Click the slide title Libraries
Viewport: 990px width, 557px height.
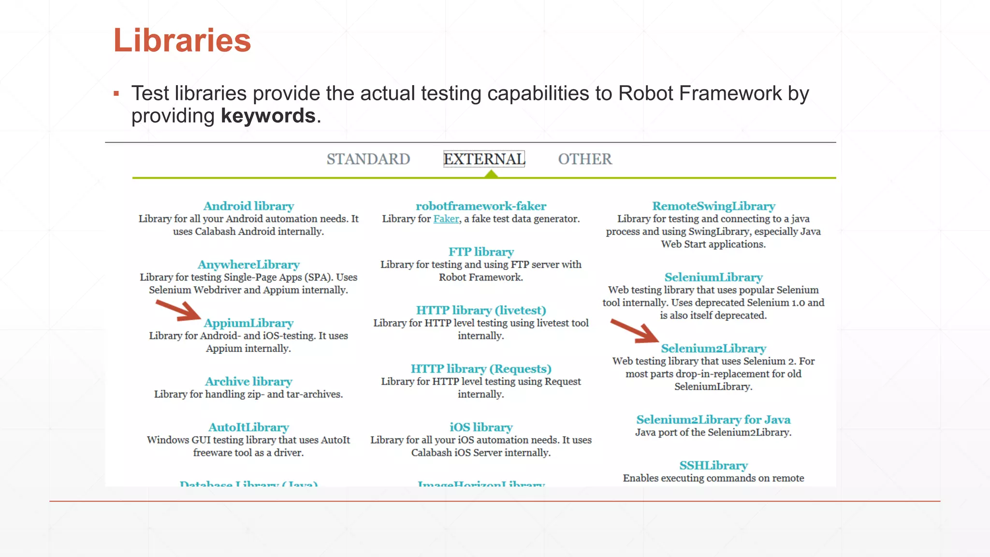(x=182, y=40)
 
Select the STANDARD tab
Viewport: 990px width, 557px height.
(x=368, y=159)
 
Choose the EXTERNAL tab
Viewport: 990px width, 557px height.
(x=484, y=159)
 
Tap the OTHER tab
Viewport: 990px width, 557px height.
(x=585, y=159)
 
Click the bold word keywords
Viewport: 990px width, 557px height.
(x=268, y=116)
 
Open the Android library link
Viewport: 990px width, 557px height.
(x=248, y=206)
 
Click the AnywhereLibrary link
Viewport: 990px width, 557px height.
(x=248, y=265)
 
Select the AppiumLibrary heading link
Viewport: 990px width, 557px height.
(x=248, y=323)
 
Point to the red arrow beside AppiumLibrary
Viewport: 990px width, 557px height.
(x=178, y=311)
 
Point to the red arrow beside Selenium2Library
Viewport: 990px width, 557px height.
(x=634, y=332)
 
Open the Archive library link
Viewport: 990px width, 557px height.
(x=248, y=382)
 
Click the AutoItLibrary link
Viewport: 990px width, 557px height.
(x=248, y=427)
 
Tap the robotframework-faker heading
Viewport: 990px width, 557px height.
(x=481, y=206)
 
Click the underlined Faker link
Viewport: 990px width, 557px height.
(x=446, y=219)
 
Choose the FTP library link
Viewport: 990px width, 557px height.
(x=481, y=252)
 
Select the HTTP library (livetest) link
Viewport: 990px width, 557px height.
(x=481, y=310)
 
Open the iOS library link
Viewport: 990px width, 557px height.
(x=481, y=427)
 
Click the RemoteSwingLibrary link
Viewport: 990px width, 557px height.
(x=713, y=206)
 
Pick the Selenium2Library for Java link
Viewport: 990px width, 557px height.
(x=713, y=420)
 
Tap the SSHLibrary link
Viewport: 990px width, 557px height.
(x=713, y=466)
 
